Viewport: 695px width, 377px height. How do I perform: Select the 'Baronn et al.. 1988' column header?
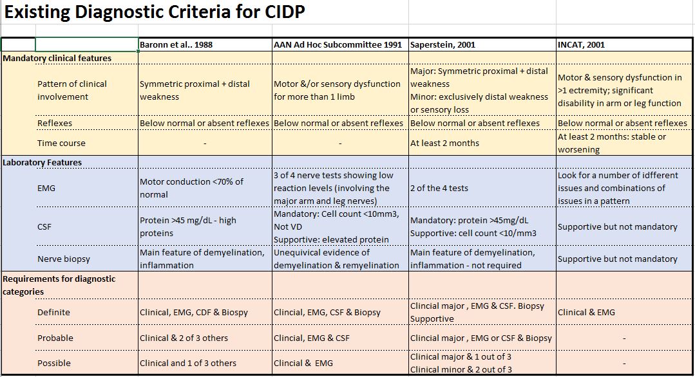[176, 45]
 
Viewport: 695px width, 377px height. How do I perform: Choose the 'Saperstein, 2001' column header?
[443, 45]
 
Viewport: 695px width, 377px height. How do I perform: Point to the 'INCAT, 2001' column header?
[582, 45]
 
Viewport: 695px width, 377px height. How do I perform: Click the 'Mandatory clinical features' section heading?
[57, 58]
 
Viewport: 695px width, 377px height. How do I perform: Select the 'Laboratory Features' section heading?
[43, 162]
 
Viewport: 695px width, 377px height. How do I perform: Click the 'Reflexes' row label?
[55, 123]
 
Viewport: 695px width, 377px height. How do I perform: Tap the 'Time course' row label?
[61, 143]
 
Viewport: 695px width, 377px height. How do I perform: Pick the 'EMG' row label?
[47, 188]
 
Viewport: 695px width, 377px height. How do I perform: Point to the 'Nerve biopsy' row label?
[64, 259]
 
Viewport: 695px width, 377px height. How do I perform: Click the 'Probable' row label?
[55, 338]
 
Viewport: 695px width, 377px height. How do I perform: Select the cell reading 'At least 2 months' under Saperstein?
[445, 143]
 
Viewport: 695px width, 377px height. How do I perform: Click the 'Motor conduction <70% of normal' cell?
[191, 188]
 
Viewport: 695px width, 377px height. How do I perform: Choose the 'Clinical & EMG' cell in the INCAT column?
[586, 312]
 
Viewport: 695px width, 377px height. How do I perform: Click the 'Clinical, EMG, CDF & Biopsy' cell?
[194, 312]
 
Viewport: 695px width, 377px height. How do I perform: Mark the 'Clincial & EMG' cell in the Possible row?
[303, 363]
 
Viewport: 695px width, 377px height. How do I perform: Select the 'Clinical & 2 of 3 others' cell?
[183, 338]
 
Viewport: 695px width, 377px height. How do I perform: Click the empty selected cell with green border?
[86, 45]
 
